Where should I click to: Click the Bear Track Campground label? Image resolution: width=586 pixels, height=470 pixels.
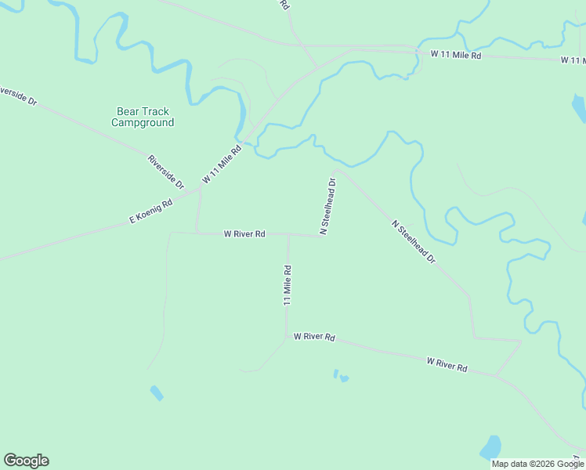coord(143,117)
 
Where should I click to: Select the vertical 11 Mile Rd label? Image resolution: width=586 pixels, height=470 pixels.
coord(288,285)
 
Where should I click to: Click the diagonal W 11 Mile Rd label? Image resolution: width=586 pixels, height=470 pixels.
coord(222,164)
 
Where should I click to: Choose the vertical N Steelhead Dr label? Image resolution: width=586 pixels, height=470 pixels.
coord(327,206)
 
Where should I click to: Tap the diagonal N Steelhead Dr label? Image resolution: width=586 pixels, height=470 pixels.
coord(413,241)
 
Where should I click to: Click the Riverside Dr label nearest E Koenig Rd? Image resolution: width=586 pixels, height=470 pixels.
coord(165,172)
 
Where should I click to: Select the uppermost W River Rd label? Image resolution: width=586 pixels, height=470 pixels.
coord(244,233)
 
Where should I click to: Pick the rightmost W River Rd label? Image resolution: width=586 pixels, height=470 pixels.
coord(447,364)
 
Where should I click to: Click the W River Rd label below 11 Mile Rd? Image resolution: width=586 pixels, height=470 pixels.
coord(314,337)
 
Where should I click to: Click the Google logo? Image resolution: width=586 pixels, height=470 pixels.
coord(26,461)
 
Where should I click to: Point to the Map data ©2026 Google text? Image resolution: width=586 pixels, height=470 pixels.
coord(537,464)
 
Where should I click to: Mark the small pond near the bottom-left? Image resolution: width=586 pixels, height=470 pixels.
coord(157,392)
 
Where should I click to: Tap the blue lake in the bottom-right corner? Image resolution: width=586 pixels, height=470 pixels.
coord(490,448)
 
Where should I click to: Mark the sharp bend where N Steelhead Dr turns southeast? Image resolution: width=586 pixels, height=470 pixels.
coord(336,169)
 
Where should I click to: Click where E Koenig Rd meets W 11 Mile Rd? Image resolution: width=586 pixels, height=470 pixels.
coord(201,189)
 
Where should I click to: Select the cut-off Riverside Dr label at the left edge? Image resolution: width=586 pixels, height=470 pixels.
coord(17,96)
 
